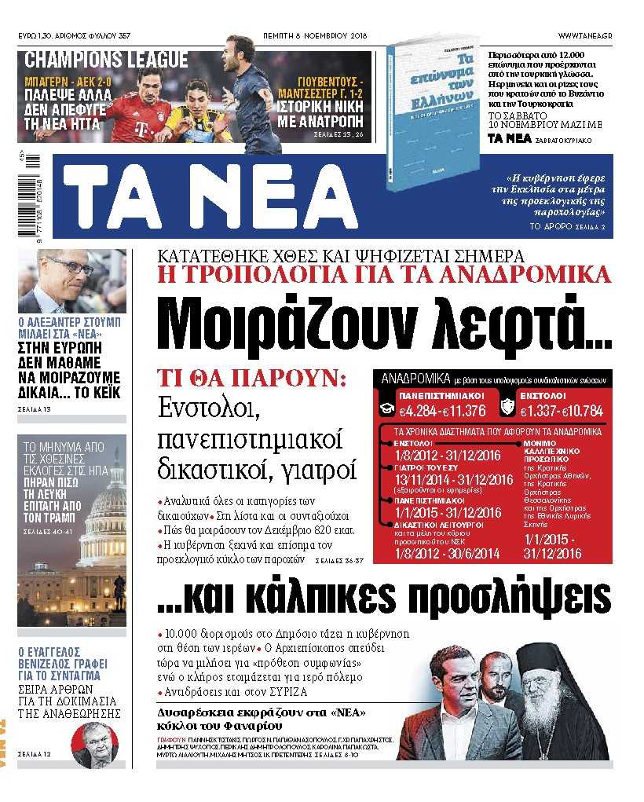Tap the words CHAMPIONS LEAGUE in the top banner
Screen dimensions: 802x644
(106, 60)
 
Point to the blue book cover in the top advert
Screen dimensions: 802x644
(428, 126)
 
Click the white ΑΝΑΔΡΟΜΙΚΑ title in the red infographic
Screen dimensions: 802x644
(416, 379)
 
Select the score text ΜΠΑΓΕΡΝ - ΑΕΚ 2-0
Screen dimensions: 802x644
(62, 80)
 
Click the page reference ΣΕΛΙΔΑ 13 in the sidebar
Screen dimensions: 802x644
(34, 409)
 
